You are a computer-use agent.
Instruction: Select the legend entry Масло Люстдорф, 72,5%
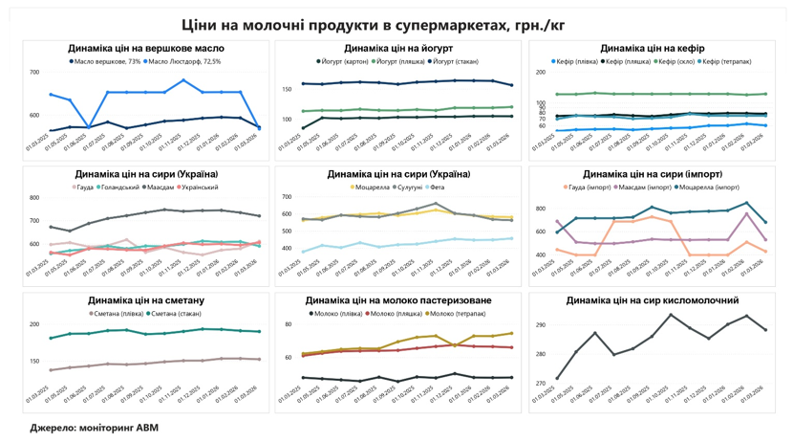point(185,61)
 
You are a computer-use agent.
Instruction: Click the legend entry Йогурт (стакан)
point(457,61)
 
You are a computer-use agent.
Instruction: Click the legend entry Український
point(200,188)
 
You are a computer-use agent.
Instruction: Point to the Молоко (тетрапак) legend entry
point(458,313)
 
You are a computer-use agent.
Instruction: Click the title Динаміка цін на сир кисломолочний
point(652,300)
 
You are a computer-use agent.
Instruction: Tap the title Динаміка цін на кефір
point(653,48)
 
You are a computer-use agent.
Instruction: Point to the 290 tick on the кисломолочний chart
point(540,325)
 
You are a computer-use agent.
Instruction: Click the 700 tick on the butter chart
point(34,73)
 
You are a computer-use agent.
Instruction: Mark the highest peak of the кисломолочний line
point(671,315)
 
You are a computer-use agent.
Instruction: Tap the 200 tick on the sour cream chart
point(34,325)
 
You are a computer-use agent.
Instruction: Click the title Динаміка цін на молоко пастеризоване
point(398,300)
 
